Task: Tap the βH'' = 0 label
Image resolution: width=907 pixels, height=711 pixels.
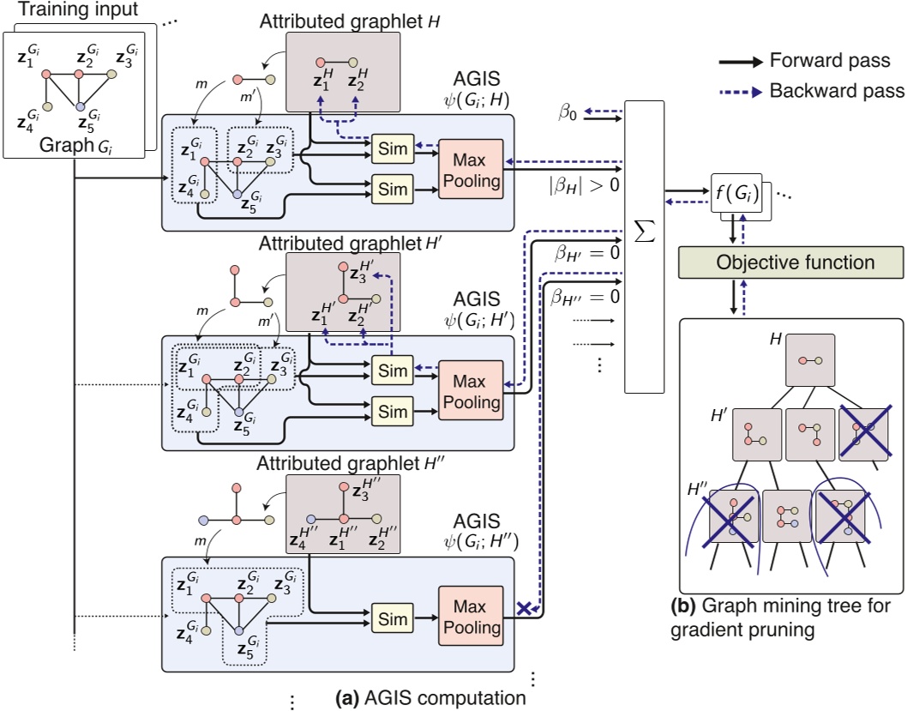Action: (574, 298)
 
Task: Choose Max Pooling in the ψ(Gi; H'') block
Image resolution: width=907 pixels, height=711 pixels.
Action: (470, 617)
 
